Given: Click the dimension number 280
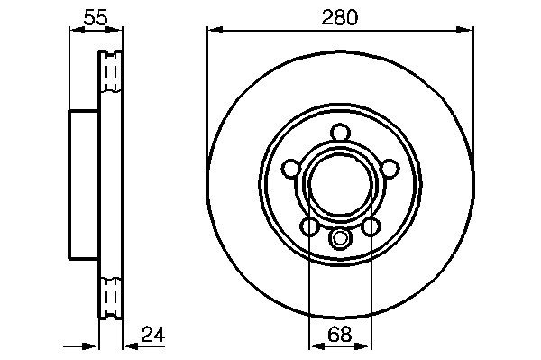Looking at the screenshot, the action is [340, 18].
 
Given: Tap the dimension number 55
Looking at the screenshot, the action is [96, 17].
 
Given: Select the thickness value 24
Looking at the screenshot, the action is [153, 334].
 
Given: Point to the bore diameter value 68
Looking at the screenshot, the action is [340, 334].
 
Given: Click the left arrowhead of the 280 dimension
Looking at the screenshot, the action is [215, 31].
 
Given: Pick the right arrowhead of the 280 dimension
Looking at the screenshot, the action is [465, 31].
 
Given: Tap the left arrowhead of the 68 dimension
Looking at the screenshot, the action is [316, 346].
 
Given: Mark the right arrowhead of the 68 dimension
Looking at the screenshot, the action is [364, 346].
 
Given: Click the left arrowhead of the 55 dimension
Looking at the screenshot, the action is [78, 31].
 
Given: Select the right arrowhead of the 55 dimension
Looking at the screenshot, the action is [115, 31].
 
